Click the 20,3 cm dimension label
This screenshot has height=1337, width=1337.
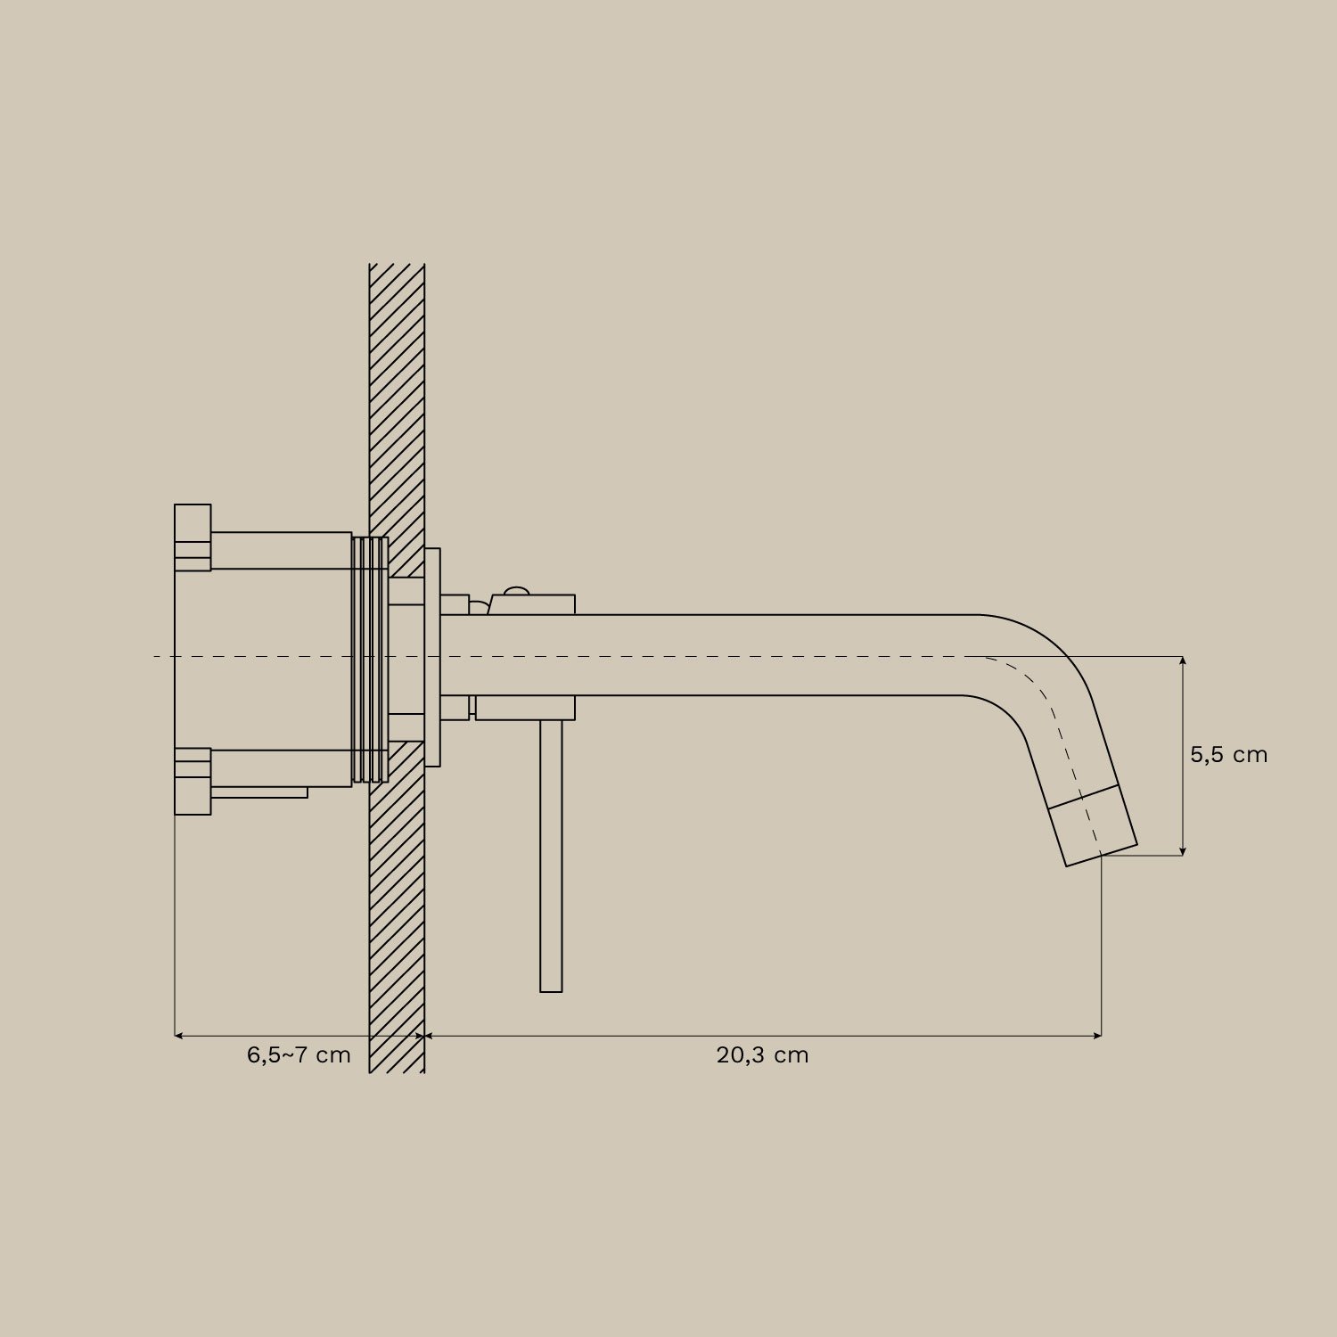coord(762,1055)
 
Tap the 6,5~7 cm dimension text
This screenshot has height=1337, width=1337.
coord(299,1055)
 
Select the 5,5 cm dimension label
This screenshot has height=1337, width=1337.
coord(1228,755)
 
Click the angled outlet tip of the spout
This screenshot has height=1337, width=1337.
coord(1094,826)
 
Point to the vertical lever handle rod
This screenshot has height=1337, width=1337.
coord(551,856)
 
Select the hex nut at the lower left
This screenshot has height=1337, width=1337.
coord(193,782)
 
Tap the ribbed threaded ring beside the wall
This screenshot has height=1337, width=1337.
coord(371,660)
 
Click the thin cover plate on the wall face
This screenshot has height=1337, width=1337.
coord(432,658)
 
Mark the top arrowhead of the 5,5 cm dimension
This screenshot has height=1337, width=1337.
coord(1183,661)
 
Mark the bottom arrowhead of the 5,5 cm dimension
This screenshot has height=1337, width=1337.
coord(1183,850)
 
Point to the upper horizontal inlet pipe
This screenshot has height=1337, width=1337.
coord(281,550)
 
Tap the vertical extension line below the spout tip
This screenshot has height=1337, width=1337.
coord(1103,945)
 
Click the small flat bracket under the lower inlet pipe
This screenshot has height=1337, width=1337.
coord(258,792)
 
